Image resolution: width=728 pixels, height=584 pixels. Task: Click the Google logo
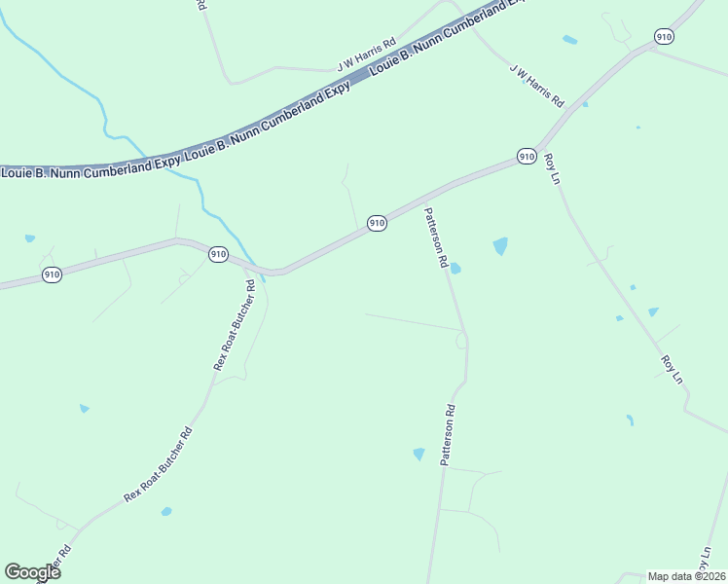tap(32, 572)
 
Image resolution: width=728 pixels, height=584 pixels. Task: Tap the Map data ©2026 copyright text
tap(686, 576)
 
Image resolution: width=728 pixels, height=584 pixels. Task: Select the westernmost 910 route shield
tap(53, 275)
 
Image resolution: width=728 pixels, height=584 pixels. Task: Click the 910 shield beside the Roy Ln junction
tap(527, 156)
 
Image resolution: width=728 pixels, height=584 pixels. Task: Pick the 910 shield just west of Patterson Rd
tap(378, 224)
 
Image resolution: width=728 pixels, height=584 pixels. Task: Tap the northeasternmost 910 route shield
tap(664, 37)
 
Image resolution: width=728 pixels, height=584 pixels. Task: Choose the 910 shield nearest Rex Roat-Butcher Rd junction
tap(218, 254)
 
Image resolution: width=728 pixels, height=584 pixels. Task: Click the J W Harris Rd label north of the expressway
tap(367, 55)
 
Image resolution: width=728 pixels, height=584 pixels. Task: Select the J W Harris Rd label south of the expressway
tap(536, 86)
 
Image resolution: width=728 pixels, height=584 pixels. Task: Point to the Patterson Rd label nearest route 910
tap(435, 237)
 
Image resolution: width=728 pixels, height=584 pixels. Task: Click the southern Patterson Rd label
tap(448, 434)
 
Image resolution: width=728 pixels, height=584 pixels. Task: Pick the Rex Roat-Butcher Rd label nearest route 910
tap(235, 325)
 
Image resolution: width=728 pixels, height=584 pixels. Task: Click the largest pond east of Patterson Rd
tap(500, 246)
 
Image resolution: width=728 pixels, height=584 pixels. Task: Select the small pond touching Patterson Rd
tap(455, 269)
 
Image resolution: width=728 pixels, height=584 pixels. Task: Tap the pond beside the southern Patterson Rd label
tap(419, 454)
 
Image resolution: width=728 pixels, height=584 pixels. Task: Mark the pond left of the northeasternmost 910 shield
tap(569, 40)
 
